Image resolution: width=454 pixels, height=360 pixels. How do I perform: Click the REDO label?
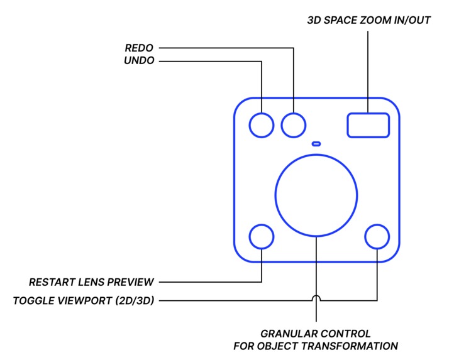coord(139,48)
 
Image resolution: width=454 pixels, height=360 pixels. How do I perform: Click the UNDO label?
coord(139,61)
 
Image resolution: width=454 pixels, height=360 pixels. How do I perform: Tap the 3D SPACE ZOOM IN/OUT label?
coord(368,20)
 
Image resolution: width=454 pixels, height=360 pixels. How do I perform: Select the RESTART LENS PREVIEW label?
coord(91,281)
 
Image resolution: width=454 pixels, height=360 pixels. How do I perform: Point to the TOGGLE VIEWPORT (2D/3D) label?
coord(84,300)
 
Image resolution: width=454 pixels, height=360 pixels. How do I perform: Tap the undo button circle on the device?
coord(262,124)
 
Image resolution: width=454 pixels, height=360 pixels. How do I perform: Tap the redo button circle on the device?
coord(293,124)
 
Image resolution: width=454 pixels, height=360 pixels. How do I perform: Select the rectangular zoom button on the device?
coord(368,124)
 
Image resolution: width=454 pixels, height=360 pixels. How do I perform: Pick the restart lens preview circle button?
coord(262,237)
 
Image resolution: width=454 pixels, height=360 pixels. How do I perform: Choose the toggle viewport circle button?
coord(377,237)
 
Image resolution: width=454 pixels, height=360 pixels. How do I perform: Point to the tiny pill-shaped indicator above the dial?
coord(316,143)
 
